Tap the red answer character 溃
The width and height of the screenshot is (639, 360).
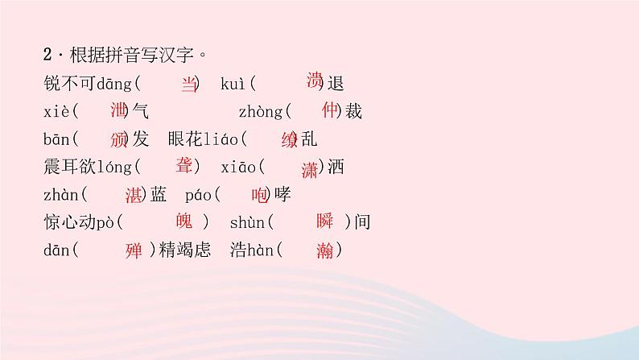tap(315, 80)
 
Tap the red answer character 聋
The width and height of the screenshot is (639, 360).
tap(183, 165)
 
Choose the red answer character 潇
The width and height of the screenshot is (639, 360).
tap(309, 168)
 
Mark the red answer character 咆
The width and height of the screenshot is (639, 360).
tap(259, 194)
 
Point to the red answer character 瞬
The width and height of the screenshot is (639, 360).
tap(324, 222)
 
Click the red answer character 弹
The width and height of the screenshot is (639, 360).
tap(134, 250)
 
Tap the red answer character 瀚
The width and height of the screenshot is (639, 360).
tap(325, 250)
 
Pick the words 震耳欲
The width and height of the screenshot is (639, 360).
tap(72, 167)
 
